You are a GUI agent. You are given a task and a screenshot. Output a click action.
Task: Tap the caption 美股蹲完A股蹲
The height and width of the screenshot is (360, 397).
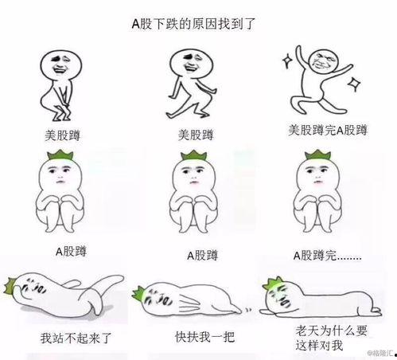pos(327,130)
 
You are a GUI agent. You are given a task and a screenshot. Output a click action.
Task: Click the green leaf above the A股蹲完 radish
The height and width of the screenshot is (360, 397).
pos(317,157)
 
